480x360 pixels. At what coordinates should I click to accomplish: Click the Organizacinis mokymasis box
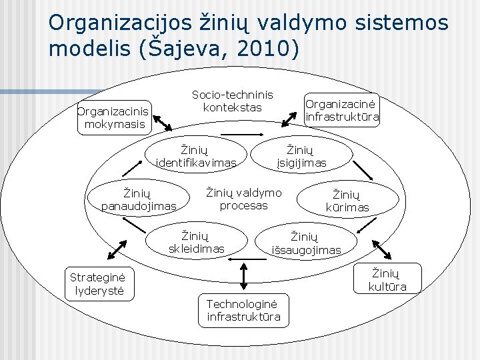(x=113, y=118)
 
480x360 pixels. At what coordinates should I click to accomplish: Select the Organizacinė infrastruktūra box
(x=342, y=111)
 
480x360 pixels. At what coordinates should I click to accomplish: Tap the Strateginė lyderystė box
(x=101, y=283)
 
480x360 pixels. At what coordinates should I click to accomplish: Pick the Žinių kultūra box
(x=387, y=279)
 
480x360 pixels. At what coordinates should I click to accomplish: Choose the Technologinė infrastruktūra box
(x=243, y=310)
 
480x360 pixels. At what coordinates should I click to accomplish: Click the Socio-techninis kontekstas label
(x=232, y=101)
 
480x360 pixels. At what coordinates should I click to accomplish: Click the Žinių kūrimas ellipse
(x=347, y=201)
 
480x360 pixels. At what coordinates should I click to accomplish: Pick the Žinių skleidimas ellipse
(x=196, y=241)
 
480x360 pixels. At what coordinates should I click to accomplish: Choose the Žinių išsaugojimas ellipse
(x=306, y=243)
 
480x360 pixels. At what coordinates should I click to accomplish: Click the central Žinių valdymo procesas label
(x=243, y=199)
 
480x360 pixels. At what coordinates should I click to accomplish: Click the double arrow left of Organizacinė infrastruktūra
(x=289, y=118)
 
